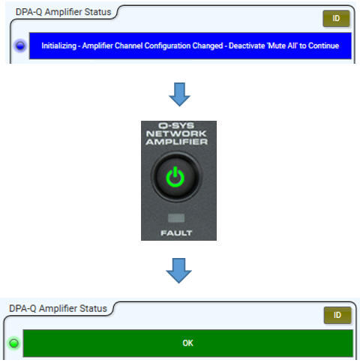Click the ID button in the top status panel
[x=336, y=19]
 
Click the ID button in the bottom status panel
[x=337, y=315]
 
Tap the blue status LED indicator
[x=20, y=46]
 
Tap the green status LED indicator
[x=14, y=343]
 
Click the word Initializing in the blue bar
[x=58, y=46]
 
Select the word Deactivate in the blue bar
[x=247, y=46]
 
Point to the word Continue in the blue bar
[x=323, y=46]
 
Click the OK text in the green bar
[x=187, y=343]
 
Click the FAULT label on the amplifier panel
[x=176, y=233]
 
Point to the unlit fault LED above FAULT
[x=176, y=218]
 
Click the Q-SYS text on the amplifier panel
[x=176, y=125]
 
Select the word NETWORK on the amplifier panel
[x=176, y=133]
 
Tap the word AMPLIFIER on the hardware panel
[x=177, y=142]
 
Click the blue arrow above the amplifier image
[x=179, y=94]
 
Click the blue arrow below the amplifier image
[x=178, y=271]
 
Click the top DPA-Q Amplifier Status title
[x=63, y=12]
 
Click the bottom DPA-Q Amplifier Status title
[x=58, y=308]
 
